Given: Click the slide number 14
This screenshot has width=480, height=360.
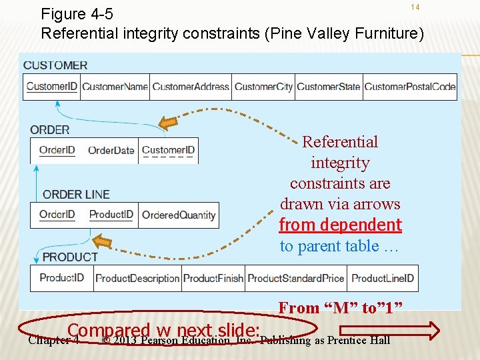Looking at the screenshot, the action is coord(415,7).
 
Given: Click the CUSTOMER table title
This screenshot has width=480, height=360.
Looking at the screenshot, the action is coord(55,65).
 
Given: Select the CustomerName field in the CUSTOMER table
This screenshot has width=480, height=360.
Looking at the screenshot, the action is coord(115,87).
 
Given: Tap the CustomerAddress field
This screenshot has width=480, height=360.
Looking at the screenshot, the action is coord(191,87).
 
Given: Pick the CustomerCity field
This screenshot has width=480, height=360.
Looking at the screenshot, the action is coord(263,87).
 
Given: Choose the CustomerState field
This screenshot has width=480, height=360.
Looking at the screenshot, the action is coord(329,87).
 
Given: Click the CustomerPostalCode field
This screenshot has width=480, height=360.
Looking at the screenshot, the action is coord(410,87).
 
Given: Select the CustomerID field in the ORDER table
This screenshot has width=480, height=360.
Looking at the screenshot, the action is coord(168,150).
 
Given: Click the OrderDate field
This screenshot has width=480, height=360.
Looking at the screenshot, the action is coord(111,150).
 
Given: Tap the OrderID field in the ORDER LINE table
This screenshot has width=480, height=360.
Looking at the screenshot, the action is coord(57,215).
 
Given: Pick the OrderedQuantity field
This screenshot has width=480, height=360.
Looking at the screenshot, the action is coord(179,215).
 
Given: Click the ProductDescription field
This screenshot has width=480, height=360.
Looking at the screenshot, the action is coord(137,278).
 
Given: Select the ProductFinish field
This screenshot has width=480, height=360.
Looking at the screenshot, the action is coord(213,278).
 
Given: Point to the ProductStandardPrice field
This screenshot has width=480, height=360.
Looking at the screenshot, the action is coord(296,278).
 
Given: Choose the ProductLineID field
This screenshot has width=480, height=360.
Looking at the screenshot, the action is coord(383,278).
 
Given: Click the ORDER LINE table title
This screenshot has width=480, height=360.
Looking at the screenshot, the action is coord(76,195).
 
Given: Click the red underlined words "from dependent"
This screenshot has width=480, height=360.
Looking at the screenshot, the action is coord(340,225).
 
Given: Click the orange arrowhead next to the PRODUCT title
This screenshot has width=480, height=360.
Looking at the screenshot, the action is coord(101,241).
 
